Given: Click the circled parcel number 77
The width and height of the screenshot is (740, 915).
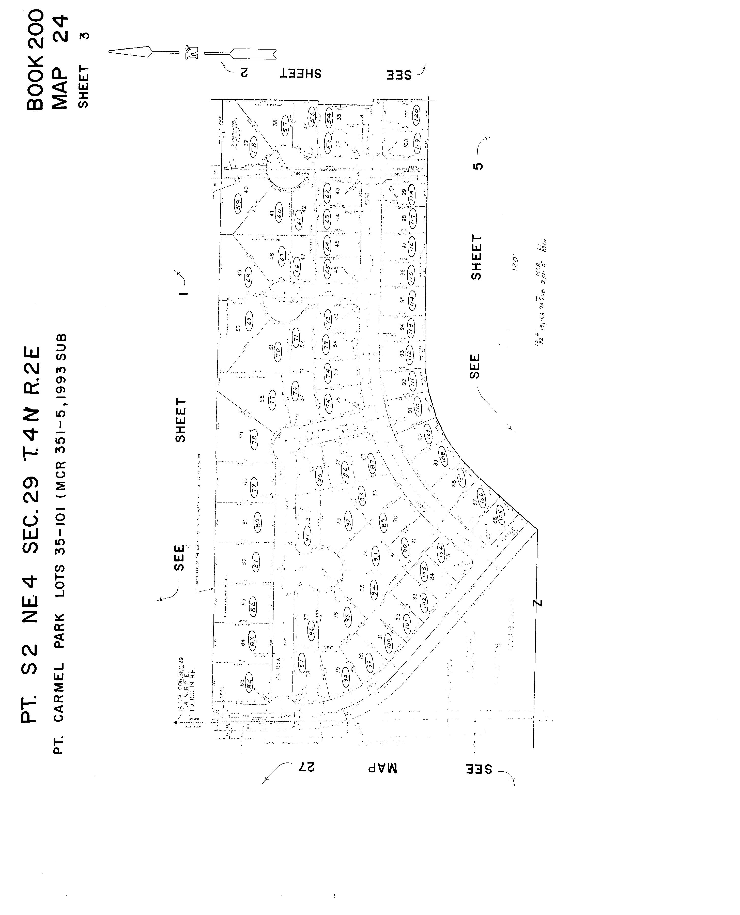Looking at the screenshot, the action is click(273, 400).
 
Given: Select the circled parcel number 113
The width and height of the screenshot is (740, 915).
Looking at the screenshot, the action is click(410, 328).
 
